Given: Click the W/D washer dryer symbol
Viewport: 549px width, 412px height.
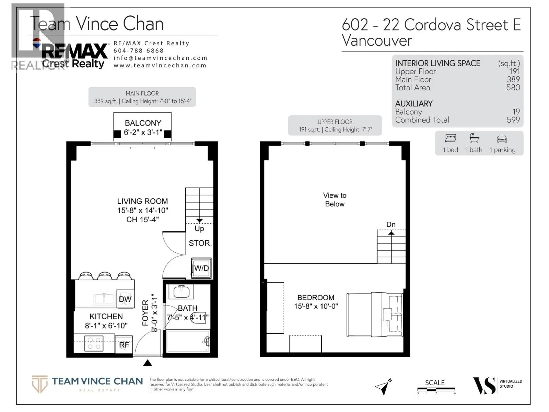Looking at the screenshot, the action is coord(201,268).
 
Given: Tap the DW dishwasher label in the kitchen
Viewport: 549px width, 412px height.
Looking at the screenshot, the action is coord(125,299).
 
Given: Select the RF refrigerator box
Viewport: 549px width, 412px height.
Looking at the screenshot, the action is coord(124,345).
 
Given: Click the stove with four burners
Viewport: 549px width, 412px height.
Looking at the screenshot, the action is coord(94,343).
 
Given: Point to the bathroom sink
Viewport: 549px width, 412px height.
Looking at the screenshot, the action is coord(181,291).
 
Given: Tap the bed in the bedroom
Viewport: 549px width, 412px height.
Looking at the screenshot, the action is coord(374,314).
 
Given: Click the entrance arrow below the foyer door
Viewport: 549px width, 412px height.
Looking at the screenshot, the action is coord(148,363).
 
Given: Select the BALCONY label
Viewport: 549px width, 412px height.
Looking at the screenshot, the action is coord(143,123).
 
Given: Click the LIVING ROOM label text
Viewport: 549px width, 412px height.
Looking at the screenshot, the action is coord(142,202).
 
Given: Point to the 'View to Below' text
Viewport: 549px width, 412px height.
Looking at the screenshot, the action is coord(335,199).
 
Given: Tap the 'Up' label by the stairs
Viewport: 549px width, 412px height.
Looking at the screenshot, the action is coord(199,229).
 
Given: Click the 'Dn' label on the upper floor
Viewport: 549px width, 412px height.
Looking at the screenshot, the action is coord(391,225).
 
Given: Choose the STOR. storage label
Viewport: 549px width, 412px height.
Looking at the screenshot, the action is coord(200,243).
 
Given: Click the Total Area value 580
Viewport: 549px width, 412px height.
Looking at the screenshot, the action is coord(513,88).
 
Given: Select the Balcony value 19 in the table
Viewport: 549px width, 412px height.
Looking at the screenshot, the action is coord(516,112).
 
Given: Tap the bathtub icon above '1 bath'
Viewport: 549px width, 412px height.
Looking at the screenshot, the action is coord(474,138).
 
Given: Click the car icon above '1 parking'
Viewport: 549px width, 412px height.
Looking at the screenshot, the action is coord(502,139).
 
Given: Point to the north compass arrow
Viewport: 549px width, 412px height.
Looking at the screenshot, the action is coord(383,387).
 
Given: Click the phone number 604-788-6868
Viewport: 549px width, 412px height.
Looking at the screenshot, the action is coord(139,50).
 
